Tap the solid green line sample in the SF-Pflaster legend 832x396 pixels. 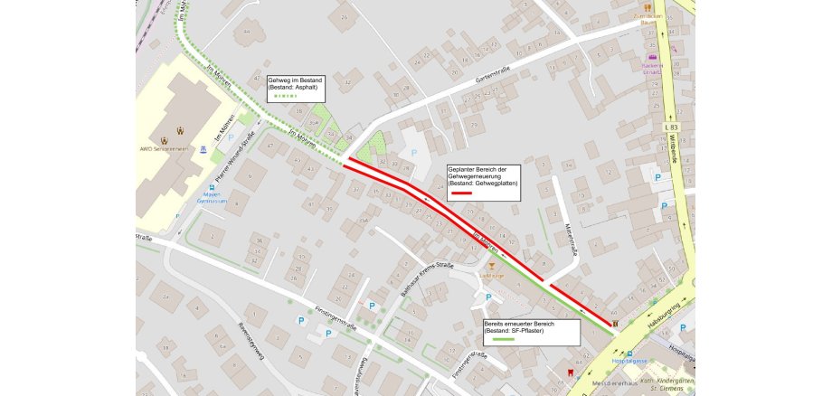496,340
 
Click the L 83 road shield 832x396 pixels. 671,127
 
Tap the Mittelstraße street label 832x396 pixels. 570,238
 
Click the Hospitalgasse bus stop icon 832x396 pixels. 630,354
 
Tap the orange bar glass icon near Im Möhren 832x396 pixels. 491,266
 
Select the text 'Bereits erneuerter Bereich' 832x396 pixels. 518,324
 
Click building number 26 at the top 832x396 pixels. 343,15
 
